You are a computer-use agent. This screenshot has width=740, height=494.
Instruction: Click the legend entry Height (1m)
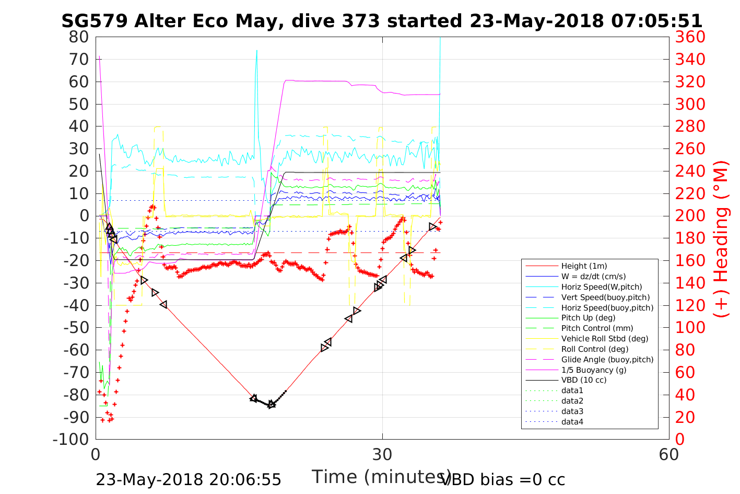point(584,266)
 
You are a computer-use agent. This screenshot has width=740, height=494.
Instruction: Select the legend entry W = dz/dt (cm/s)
point(593,277)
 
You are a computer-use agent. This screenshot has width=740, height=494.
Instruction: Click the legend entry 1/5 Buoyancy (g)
point(593,370)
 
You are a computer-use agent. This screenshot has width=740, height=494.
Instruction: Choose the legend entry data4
point(572,422)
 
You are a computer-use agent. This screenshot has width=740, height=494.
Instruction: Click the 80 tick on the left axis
point(80,37)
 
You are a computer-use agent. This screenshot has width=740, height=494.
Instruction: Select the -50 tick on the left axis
point(77,328)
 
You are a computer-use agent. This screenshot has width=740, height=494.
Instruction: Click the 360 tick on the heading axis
point(690,37)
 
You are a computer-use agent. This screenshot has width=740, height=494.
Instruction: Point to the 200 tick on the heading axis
point(690,216)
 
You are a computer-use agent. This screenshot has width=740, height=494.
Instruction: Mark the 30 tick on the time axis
point(382,454)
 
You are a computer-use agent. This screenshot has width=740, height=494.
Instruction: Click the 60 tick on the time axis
point(669,454)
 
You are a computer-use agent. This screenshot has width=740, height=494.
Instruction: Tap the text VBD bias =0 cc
point(503,479)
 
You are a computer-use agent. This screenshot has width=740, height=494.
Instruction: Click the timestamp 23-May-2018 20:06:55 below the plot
point(189,479)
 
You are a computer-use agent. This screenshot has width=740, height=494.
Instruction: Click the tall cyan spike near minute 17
point(256,52)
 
